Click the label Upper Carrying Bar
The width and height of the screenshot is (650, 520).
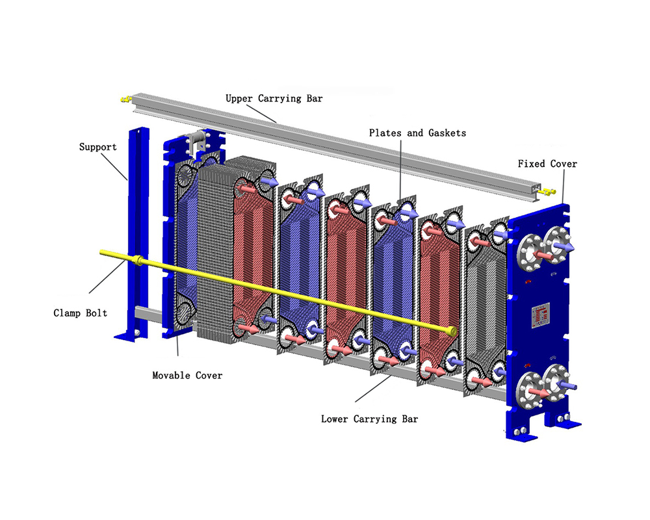pos(274,99)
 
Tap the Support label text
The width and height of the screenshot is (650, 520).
pos(97,147)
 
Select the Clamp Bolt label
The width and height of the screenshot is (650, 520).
pos(80,313)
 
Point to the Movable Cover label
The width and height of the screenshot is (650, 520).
pos(187,375)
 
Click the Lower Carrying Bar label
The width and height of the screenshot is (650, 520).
pos(369,419)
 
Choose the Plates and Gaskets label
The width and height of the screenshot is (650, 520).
pos(417,133)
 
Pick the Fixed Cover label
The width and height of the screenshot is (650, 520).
pos(547,164)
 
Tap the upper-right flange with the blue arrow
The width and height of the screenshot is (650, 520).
pos(557,245)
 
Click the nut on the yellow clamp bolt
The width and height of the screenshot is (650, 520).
pos(139,261)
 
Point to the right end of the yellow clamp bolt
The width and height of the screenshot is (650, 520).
pos(450,331)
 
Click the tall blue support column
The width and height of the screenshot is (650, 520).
pos(137,227)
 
